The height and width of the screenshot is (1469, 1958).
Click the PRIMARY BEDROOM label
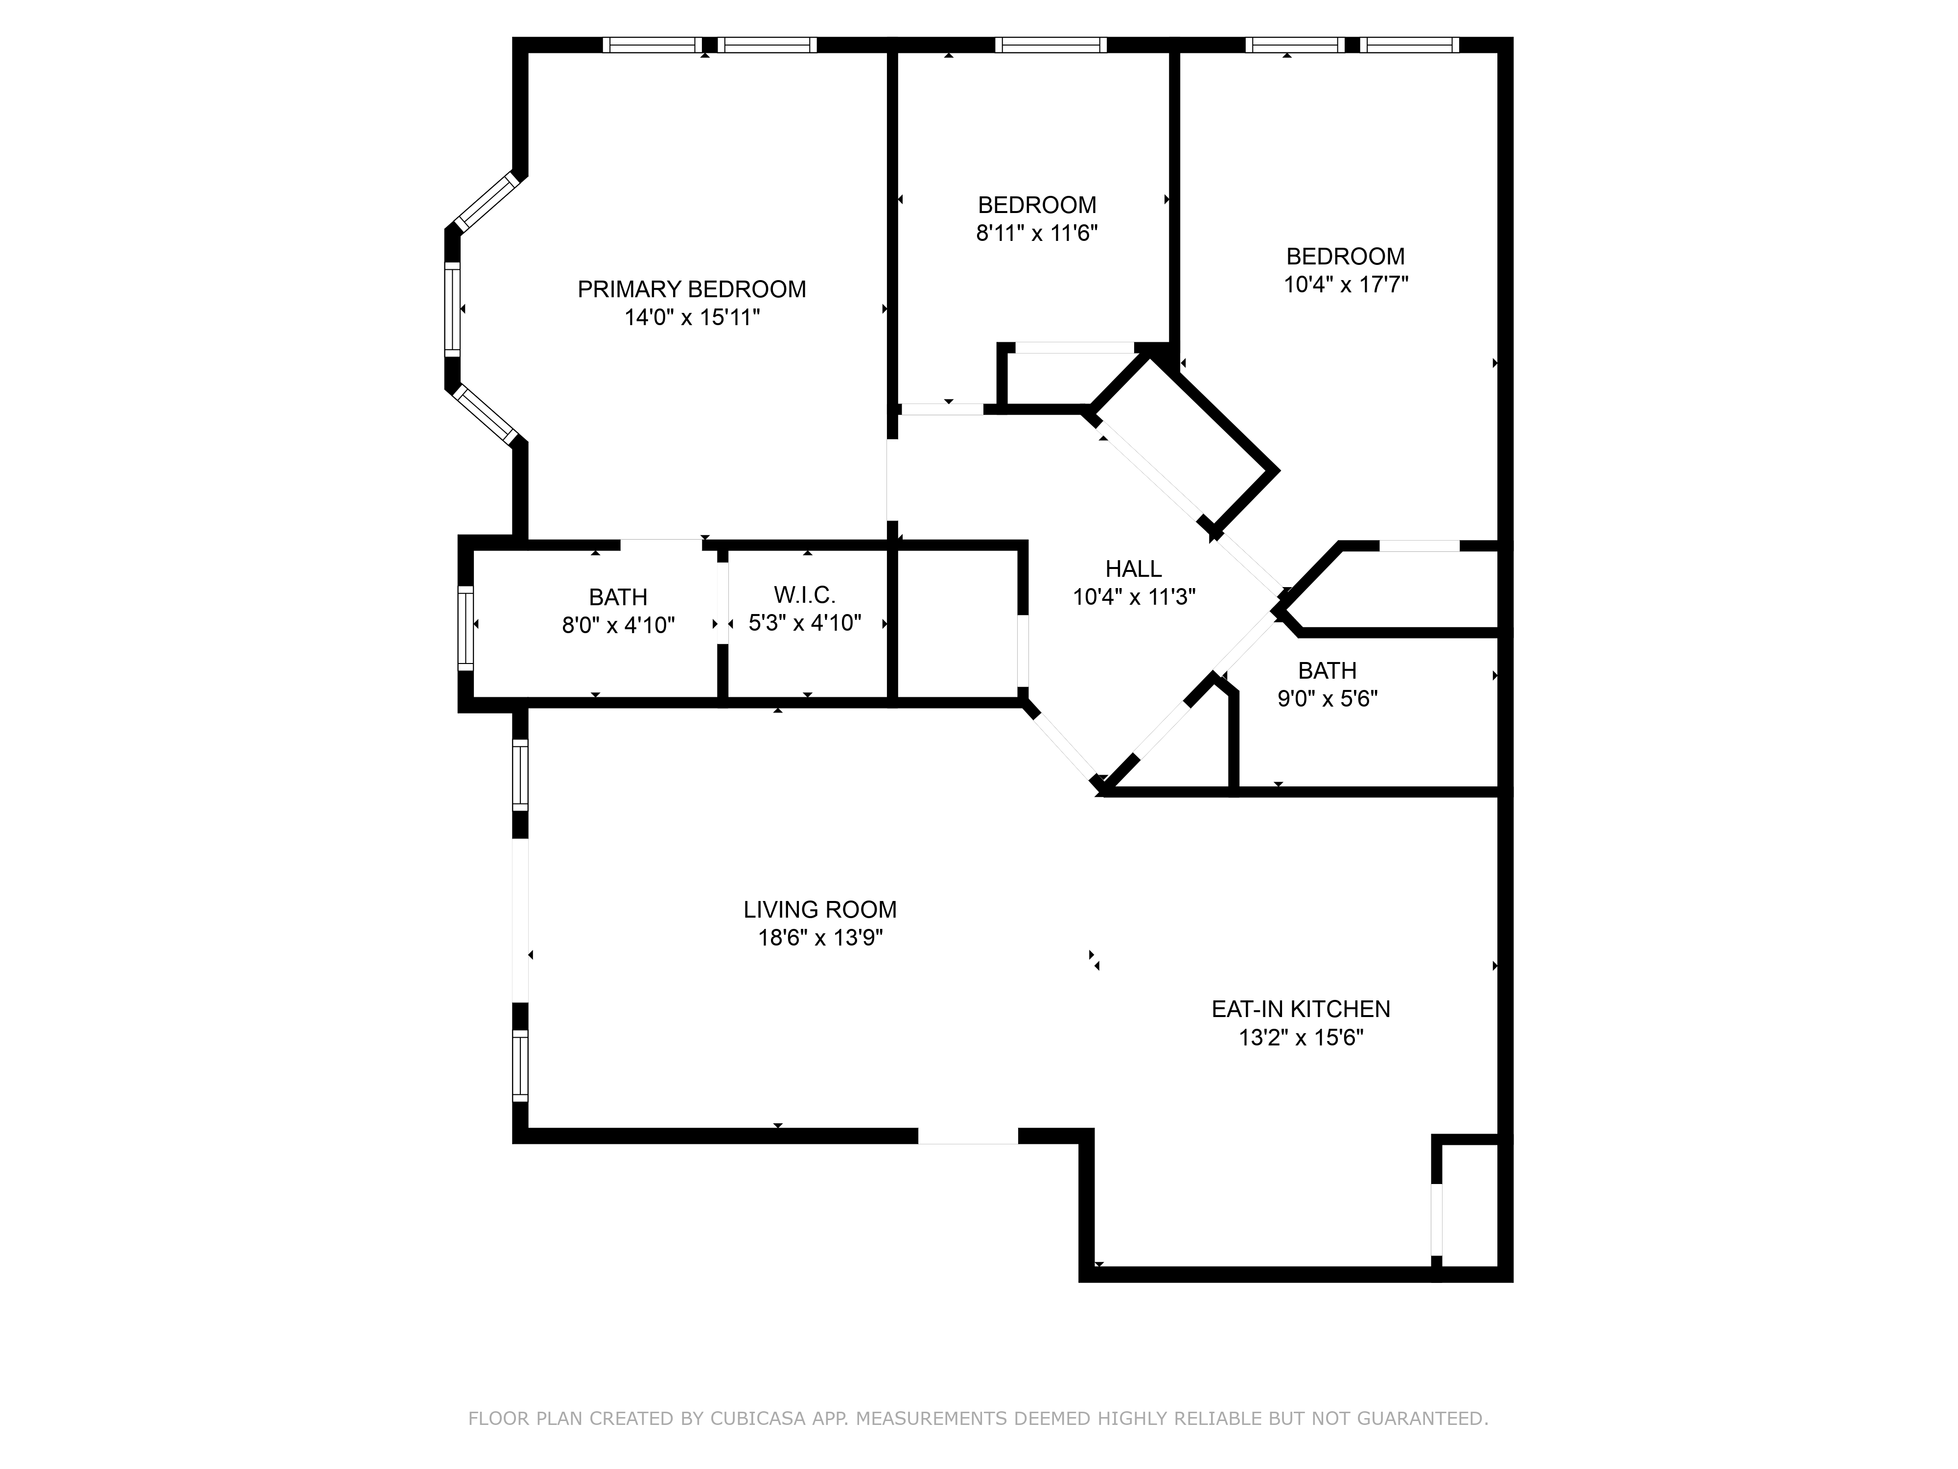[x=691, y=289]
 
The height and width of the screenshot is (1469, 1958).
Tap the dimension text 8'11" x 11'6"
[x=1037, y=234]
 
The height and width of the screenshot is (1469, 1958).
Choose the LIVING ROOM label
[x=820, y=909]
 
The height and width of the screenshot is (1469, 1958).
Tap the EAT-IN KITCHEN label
[x=1300, y=1009]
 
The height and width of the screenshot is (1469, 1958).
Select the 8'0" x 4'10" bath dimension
[x=618, y=626]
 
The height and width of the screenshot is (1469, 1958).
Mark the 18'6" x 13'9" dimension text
[x=820, y=938]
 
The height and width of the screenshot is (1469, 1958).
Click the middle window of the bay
[x=452, y=309]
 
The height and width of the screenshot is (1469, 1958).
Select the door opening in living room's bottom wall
[x=967, y=1136]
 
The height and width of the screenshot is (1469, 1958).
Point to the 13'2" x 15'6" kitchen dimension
[x=1300, y=1038]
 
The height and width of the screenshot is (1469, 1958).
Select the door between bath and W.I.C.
[x=723, y=602]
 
